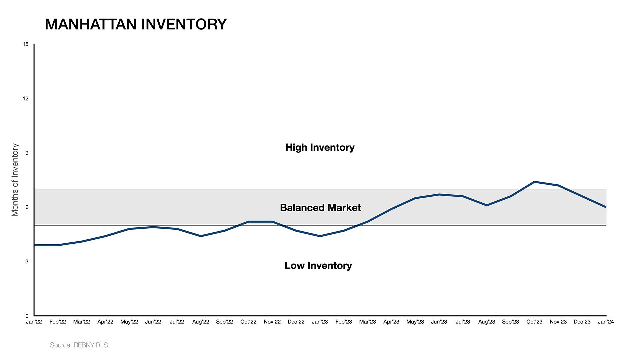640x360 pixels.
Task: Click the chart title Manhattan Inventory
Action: tap(136, 24)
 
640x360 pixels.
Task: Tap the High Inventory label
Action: tap(320, 147)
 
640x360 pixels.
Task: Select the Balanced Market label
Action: tap(320, 208)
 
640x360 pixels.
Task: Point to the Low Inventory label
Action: tap(318, 266)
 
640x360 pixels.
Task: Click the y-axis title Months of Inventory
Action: tap(15, 180)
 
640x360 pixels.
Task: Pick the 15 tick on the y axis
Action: tap(26, 44)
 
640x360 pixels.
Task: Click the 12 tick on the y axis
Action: tap(26, 99)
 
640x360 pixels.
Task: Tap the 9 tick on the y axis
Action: tap(27, 153)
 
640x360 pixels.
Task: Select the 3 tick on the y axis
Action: tap(27, 262)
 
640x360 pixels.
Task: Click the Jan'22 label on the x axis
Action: tap(34, 322)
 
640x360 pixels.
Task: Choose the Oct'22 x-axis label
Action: tap(248, 322)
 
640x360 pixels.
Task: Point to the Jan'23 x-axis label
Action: tap(320, 322)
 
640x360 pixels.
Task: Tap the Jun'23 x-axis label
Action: tap(439, 322)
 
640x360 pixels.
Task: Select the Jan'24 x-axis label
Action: tap(606, 322)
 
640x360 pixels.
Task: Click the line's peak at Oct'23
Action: tap(534, 182)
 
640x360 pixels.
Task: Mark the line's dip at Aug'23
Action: tap(487, 205)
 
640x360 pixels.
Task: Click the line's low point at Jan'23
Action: tap(320, 236)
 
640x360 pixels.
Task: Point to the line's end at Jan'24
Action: tap(605, 207)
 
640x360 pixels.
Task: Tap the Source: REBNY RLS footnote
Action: tap(79, 345)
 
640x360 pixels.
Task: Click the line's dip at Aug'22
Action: tap(201, 236)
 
